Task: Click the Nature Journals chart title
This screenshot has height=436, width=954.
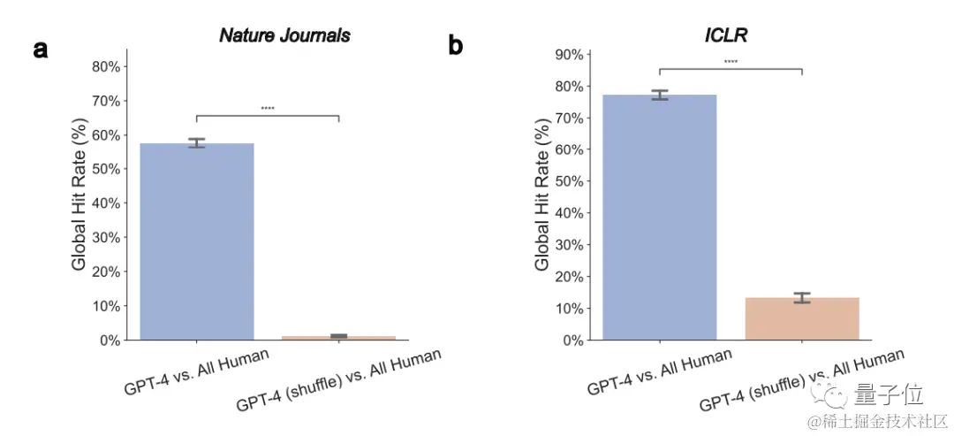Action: click(284, 35)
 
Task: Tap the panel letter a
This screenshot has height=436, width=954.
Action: click(41, 49)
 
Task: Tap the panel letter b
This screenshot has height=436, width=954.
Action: click(456, 45)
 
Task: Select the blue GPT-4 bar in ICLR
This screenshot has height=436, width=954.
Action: click(659, 217)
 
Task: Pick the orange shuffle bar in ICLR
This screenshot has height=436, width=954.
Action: click(802, 318)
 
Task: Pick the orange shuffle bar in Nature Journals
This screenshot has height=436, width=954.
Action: click(339, 337)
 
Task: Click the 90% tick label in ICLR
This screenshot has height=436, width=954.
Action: click(568, 54)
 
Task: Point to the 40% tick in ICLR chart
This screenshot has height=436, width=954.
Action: click(568, 213)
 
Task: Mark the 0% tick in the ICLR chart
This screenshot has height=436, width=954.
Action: click(572, 340)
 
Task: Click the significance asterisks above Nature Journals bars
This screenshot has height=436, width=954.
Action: click(268, 109)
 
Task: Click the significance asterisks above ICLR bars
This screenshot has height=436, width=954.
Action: click(731, 62)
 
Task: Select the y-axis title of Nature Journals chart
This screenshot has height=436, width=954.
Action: click(79, 197)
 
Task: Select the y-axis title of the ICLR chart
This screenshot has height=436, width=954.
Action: click(541, 197)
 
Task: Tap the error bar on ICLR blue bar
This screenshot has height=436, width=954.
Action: click(659, 95)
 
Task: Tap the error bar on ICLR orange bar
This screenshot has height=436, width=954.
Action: click(802, 298)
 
